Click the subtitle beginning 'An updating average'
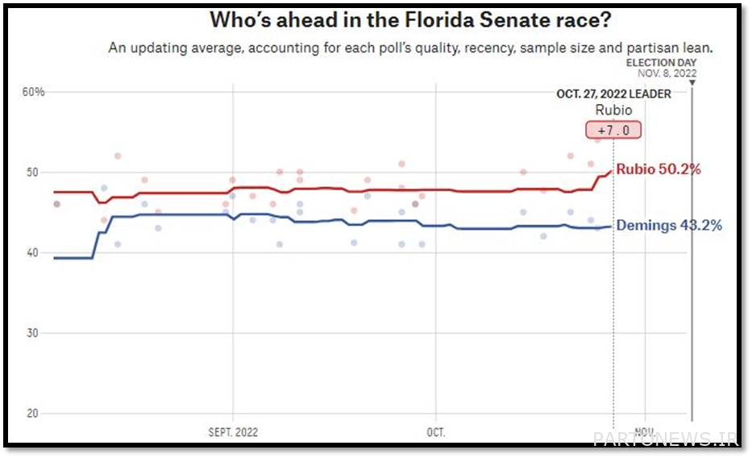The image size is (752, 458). tap(411, 48)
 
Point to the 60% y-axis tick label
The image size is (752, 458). tap(33, 92)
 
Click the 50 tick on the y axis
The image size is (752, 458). tap(32, 173)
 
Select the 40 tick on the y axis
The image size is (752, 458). tap(32, 252)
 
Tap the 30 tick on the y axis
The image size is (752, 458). tap(32, 333)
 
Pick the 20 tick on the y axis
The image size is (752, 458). tap(32, 414)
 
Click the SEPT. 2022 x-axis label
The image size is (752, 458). tap(233, 432)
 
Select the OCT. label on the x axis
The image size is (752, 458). tap(435, 432)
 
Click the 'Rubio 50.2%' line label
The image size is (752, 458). tap(658, 169)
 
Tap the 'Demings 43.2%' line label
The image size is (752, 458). tap(668, 226)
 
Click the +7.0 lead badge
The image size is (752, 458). tap(613, 130)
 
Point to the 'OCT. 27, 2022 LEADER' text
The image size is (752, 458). tap(613, 94)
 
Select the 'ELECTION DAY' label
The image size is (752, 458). tap(661, 63)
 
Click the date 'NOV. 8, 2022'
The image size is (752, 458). tap(667, 73)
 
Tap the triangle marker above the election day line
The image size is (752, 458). tap(692, 82)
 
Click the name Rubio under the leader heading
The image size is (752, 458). tap(613, 110)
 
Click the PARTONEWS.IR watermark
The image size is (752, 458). tap(665, 439)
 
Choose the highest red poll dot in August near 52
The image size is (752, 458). tap(118, 156)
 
